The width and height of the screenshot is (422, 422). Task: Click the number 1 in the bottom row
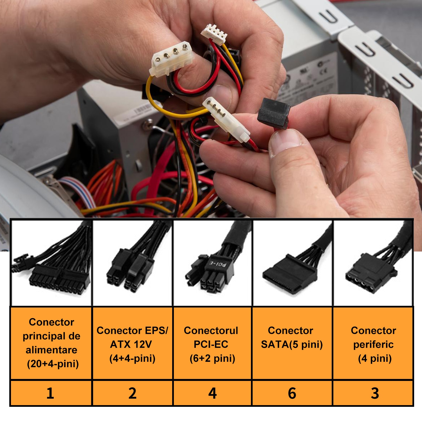click(50, 393)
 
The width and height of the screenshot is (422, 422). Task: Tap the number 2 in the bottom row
click(132, 393)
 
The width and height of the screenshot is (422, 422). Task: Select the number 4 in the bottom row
click(212, 393)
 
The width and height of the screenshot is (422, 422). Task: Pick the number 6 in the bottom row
click(292, 393)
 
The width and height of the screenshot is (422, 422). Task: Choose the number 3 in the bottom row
click(375, 393)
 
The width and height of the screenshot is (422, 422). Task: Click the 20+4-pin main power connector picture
click(52, 267)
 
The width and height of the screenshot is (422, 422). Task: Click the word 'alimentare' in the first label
click(51, 350)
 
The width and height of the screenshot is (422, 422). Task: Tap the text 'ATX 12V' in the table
click(131, 344)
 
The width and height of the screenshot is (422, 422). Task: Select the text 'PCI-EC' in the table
click(211, 344)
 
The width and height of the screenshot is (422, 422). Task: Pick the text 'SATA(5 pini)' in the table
click(292, 344)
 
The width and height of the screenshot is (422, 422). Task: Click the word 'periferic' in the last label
click(373, 344)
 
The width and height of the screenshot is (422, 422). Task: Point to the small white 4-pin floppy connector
click(214, 34)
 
